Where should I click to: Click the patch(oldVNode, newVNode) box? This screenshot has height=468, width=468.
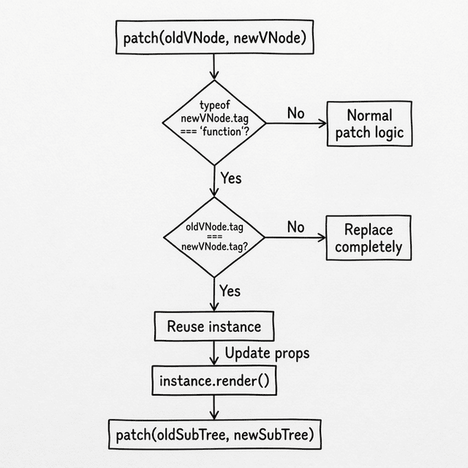pyautogui.click(x=214, y=38)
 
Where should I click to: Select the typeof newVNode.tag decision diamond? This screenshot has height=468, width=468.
pyautogui.click(x=214, y=122)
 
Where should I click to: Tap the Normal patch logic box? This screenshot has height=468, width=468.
pyautogui.click(x=369, y=125)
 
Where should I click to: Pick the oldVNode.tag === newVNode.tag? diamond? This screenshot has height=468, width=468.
pyautogui.click(x=214, y=237)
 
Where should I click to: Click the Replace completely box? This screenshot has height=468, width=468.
pyautogui.click(x=368, y=238)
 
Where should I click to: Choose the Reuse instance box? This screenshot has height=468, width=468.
pyautogui.click(x=208, y=326)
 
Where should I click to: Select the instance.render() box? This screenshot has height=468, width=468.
pyautogui.click(x=214, y=381)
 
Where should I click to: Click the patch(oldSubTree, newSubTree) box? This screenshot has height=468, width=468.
pyautogui.click(x=214, y=435)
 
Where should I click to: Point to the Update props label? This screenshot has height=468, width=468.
pyautogui.click(x=266, y=353)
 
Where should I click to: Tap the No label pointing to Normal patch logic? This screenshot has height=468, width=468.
pyautogui.click(x=295, y=113)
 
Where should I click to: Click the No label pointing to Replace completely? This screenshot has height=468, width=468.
pyautogui.click(x=295, y=227)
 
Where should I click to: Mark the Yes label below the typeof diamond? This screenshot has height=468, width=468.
pyautogui.click(x=230, y=178)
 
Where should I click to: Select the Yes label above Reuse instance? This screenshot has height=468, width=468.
pyautogui.click(x=230, y=291)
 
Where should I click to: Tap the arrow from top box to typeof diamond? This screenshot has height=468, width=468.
pyautogui.click(x=214, y=67)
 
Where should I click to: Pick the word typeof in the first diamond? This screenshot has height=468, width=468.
pyautogui.click(x=214, y=105)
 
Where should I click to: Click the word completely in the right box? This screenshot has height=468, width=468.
pyautogui.click(x=368, y=247)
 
